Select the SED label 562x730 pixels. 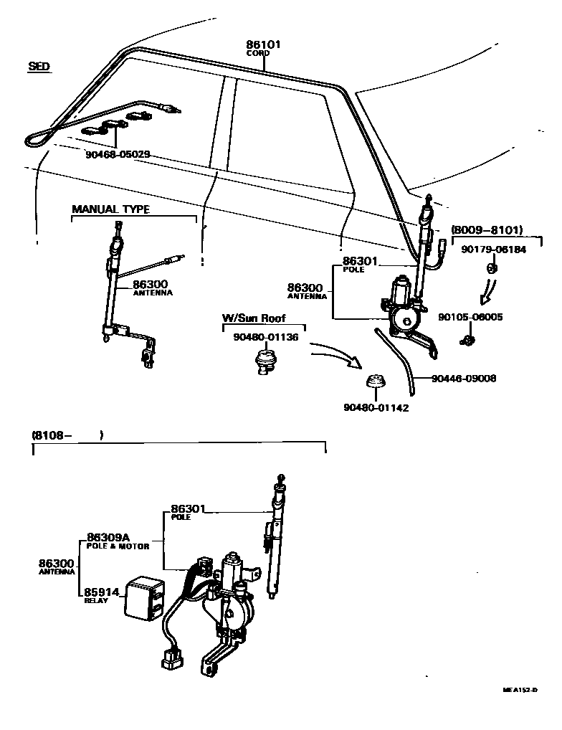[39, 67]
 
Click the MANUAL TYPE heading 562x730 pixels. [110, 209]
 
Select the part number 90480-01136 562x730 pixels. [265, 336]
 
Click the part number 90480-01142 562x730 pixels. [376, 408]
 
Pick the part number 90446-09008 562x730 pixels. [464, 378]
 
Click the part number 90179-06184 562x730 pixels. [492, 250]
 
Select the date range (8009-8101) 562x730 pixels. [487, 230]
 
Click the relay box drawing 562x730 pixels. [146, 598]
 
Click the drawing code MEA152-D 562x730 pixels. [520, 690]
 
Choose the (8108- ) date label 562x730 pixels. [67, 435]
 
